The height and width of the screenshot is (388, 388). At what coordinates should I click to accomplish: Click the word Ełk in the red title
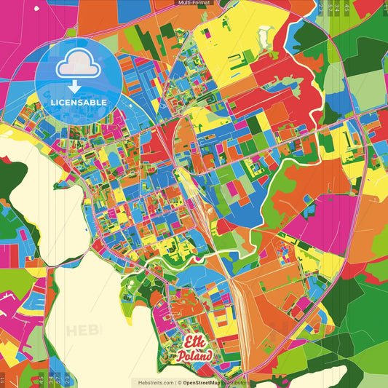194,342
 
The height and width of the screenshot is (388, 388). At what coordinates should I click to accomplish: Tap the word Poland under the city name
194,356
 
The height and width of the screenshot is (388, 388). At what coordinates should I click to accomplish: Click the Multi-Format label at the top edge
194,3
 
